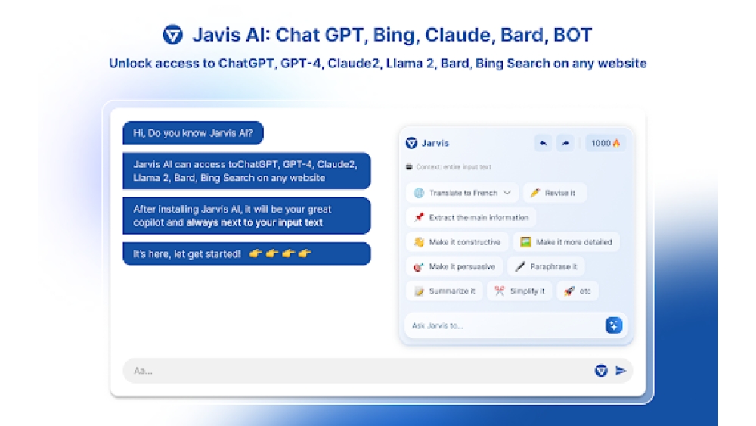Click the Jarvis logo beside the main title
(172, 35)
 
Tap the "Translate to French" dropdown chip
(462, 193)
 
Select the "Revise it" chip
(554, 193)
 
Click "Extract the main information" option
(470, 218)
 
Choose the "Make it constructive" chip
(457, 242)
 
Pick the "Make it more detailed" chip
(566, 242)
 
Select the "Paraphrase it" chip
(545, 266)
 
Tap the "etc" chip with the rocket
(578, 291)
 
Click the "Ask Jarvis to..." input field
(503, 326)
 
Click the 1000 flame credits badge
(605, 143)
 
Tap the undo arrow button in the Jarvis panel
(543, 143)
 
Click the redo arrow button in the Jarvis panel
(565, 143)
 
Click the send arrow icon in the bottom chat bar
(621, 371)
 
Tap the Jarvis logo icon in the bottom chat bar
(601, 371)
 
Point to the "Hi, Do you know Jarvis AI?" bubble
(193, 133)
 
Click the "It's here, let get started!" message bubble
(246, 254)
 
